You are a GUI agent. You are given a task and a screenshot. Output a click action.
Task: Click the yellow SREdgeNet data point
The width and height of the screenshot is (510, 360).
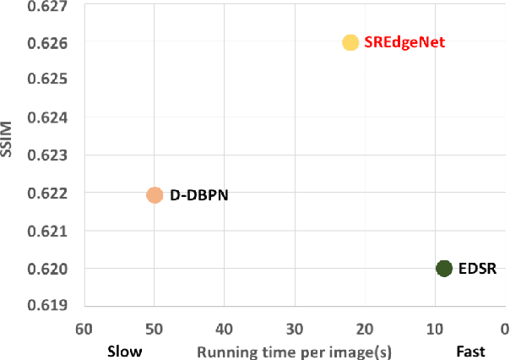[350, 42]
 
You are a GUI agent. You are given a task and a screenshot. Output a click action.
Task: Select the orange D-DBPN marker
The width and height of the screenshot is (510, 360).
[155, 195]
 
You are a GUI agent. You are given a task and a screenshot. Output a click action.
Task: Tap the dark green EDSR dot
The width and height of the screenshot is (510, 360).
[444, 269]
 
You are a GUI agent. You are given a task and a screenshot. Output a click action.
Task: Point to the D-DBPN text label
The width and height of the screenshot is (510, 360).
[199, 195]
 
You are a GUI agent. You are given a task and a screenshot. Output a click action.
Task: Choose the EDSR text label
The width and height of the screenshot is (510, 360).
[476, 270]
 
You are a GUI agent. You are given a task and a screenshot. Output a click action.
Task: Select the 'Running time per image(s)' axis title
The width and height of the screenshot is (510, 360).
[296, 351]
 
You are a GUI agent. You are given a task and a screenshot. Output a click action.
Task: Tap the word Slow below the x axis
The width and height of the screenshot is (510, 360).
[124, 351]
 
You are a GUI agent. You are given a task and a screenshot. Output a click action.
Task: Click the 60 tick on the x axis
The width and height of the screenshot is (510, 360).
[84, 329]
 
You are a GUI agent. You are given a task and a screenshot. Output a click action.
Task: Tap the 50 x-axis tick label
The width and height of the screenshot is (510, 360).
[154, 329]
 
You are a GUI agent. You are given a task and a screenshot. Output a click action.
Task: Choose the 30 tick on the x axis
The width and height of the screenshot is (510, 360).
[294, 329]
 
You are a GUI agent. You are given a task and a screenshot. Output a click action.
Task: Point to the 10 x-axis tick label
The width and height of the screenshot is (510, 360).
[434, 329]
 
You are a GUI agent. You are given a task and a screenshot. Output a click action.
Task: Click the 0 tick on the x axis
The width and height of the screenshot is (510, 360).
[504, 329]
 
